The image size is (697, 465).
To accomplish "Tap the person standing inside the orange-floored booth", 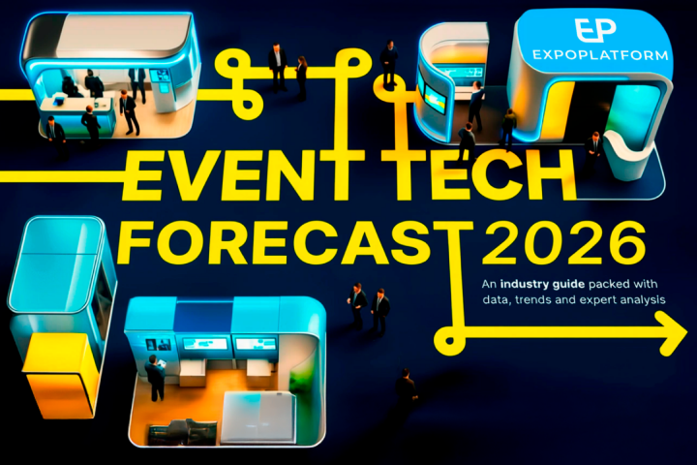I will (x=154, y=377).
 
